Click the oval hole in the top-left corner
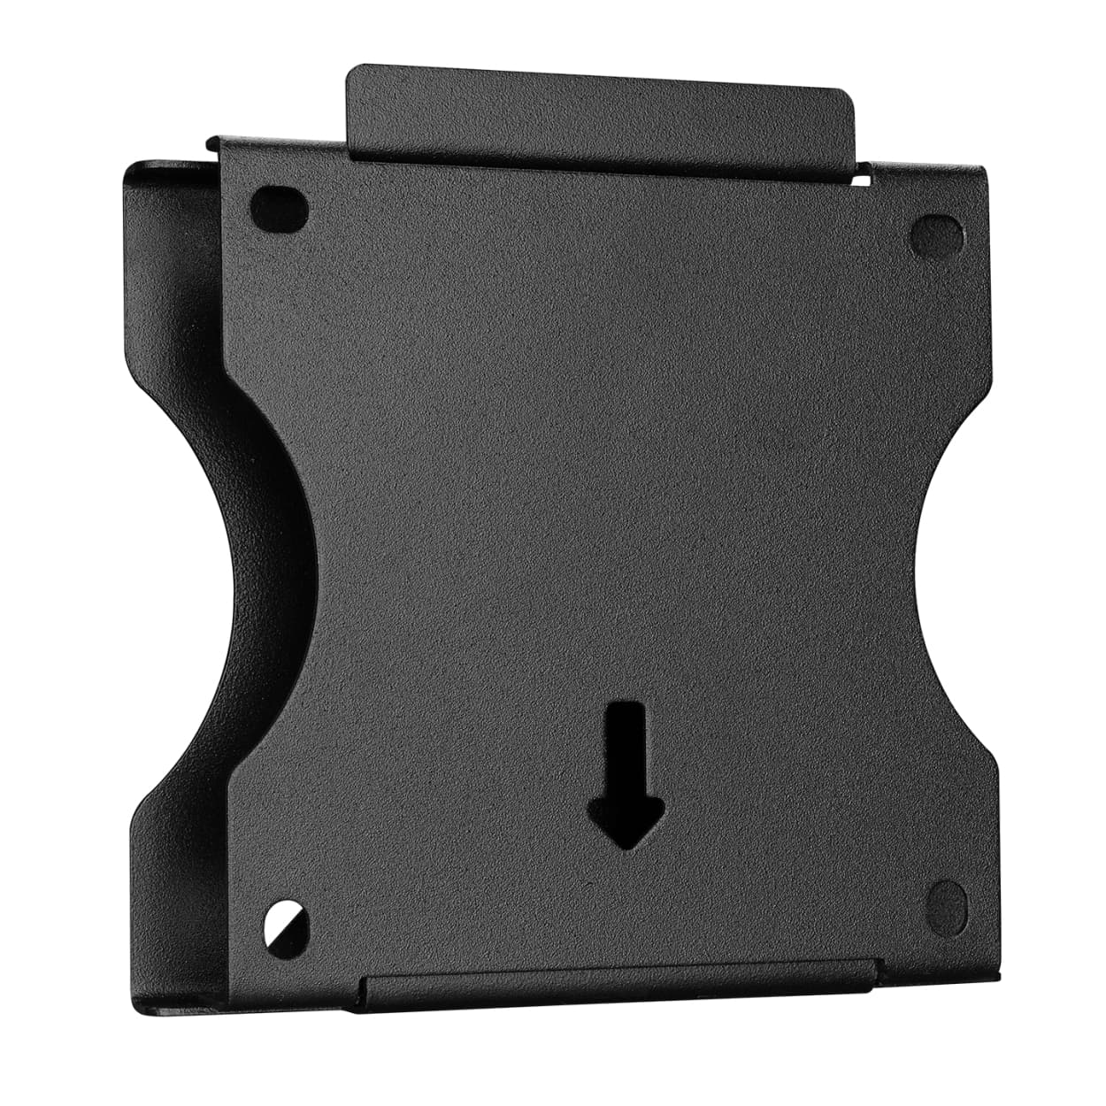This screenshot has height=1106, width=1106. tap(280, 205)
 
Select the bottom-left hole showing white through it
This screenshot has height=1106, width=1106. tap(287, 922)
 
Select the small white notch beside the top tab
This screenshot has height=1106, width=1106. tap(862, 180)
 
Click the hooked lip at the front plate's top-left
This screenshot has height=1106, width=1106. tap(212, 143)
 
